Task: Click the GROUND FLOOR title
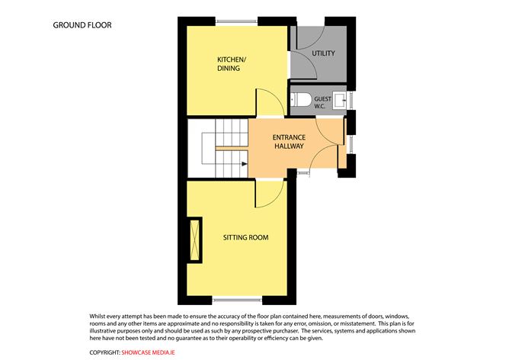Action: coord(82,25)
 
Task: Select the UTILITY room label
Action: coord(323,53)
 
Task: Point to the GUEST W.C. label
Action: coord(322,102)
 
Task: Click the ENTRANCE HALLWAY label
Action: coord(289,142)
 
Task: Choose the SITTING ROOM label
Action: coord(245,237)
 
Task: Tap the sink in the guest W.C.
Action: coord(340,100)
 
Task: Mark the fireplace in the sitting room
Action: coord(195,239)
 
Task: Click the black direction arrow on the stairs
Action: coord(245,164)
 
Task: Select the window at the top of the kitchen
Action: coord(236,22)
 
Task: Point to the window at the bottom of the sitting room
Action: coord(237,300)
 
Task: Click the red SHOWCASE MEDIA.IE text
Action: coord(148,352)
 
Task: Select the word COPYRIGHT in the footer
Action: coord(104,352)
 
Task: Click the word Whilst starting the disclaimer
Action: coord(98,316)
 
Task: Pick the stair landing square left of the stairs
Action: coord(209,148)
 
